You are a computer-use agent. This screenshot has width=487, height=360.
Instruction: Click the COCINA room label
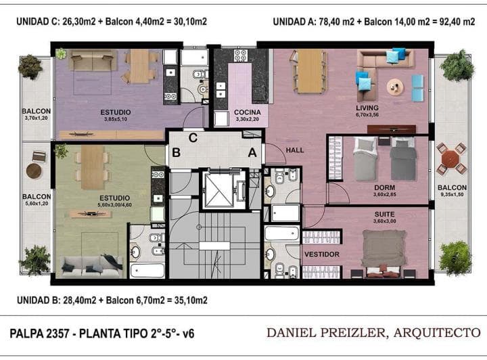pos(248,112)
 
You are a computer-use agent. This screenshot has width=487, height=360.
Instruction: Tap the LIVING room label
pos(367,108)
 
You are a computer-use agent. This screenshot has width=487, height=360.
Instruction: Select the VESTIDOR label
pos(322,254)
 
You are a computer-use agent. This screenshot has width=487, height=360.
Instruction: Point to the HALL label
pos(295,150)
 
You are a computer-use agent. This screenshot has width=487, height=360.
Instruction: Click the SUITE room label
pos(384,215)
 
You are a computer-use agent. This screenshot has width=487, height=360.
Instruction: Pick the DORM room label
pos(384,187)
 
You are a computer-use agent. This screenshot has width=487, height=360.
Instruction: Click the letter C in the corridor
pos(193,137)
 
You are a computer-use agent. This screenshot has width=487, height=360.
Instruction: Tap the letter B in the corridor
pos(176,152)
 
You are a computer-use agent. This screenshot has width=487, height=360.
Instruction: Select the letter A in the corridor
pos(252,152)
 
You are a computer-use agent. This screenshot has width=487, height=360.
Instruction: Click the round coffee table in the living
pos(395,87)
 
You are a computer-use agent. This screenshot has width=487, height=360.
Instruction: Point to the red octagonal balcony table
pos(451,159)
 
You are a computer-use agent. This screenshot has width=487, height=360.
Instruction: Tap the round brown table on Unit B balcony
pos(34,171)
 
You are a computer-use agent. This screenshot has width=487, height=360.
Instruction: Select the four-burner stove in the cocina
pos(240,55)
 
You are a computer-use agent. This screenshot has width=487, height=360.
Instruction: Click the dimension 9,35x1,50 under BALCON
pos(452,194)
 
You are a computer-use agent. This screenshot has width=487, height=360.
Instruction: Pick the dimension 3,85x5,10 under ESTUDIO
pos(116,119)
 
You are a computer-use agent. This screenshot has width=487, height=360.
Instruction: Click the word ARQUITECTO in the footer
pos(437,333)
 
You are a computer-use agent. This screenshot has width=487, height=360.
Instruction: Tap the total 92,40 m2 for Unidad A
pos(457,22)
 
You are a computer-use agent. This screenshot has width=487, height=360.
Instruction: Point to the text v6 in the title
pos(188,334)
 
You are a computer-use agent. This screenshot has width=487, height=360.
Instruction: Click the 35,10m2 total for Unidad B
pos(190,300)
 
